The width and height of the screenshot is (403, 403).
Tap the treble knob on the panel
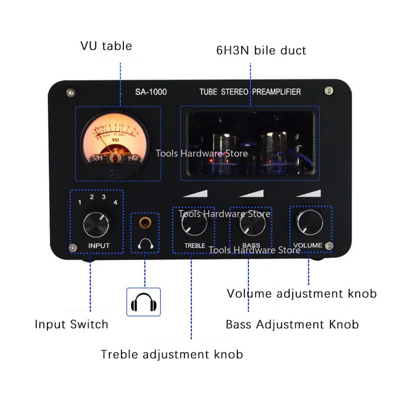(x=194, y=223)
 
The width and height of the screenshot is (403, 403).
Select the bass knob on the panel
(x=252, y=223)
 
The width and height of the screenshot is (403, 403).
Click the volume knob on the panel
(x=310, y=223)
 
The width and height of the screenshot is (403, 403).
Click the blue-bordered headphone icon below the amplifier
(x=143, y=302)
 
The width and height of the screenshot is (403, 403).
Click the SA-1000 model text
(x=151, y=92)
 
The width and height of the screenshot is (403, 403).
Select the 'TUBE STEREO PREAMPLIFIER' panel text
(x=250, y=92)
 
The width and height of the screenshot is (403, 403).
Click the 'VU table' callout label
(x=106, y=46)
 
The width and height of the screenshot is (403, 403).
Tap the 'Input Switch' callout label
(x=72, y=324)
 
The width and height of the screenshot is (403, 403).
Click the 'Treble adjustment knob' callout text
(x=172, y=354)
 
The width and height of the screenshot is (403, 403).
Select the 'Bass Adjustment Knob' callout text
(x=292, y=324)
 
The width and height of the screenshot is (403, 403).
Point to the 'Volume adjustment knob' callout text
(x=301, y=293)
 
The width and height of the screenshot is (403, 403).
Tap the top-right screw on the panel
(x=329, y=91)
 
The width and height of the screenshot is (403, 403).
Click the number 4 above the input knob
(x=115, y=202)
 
